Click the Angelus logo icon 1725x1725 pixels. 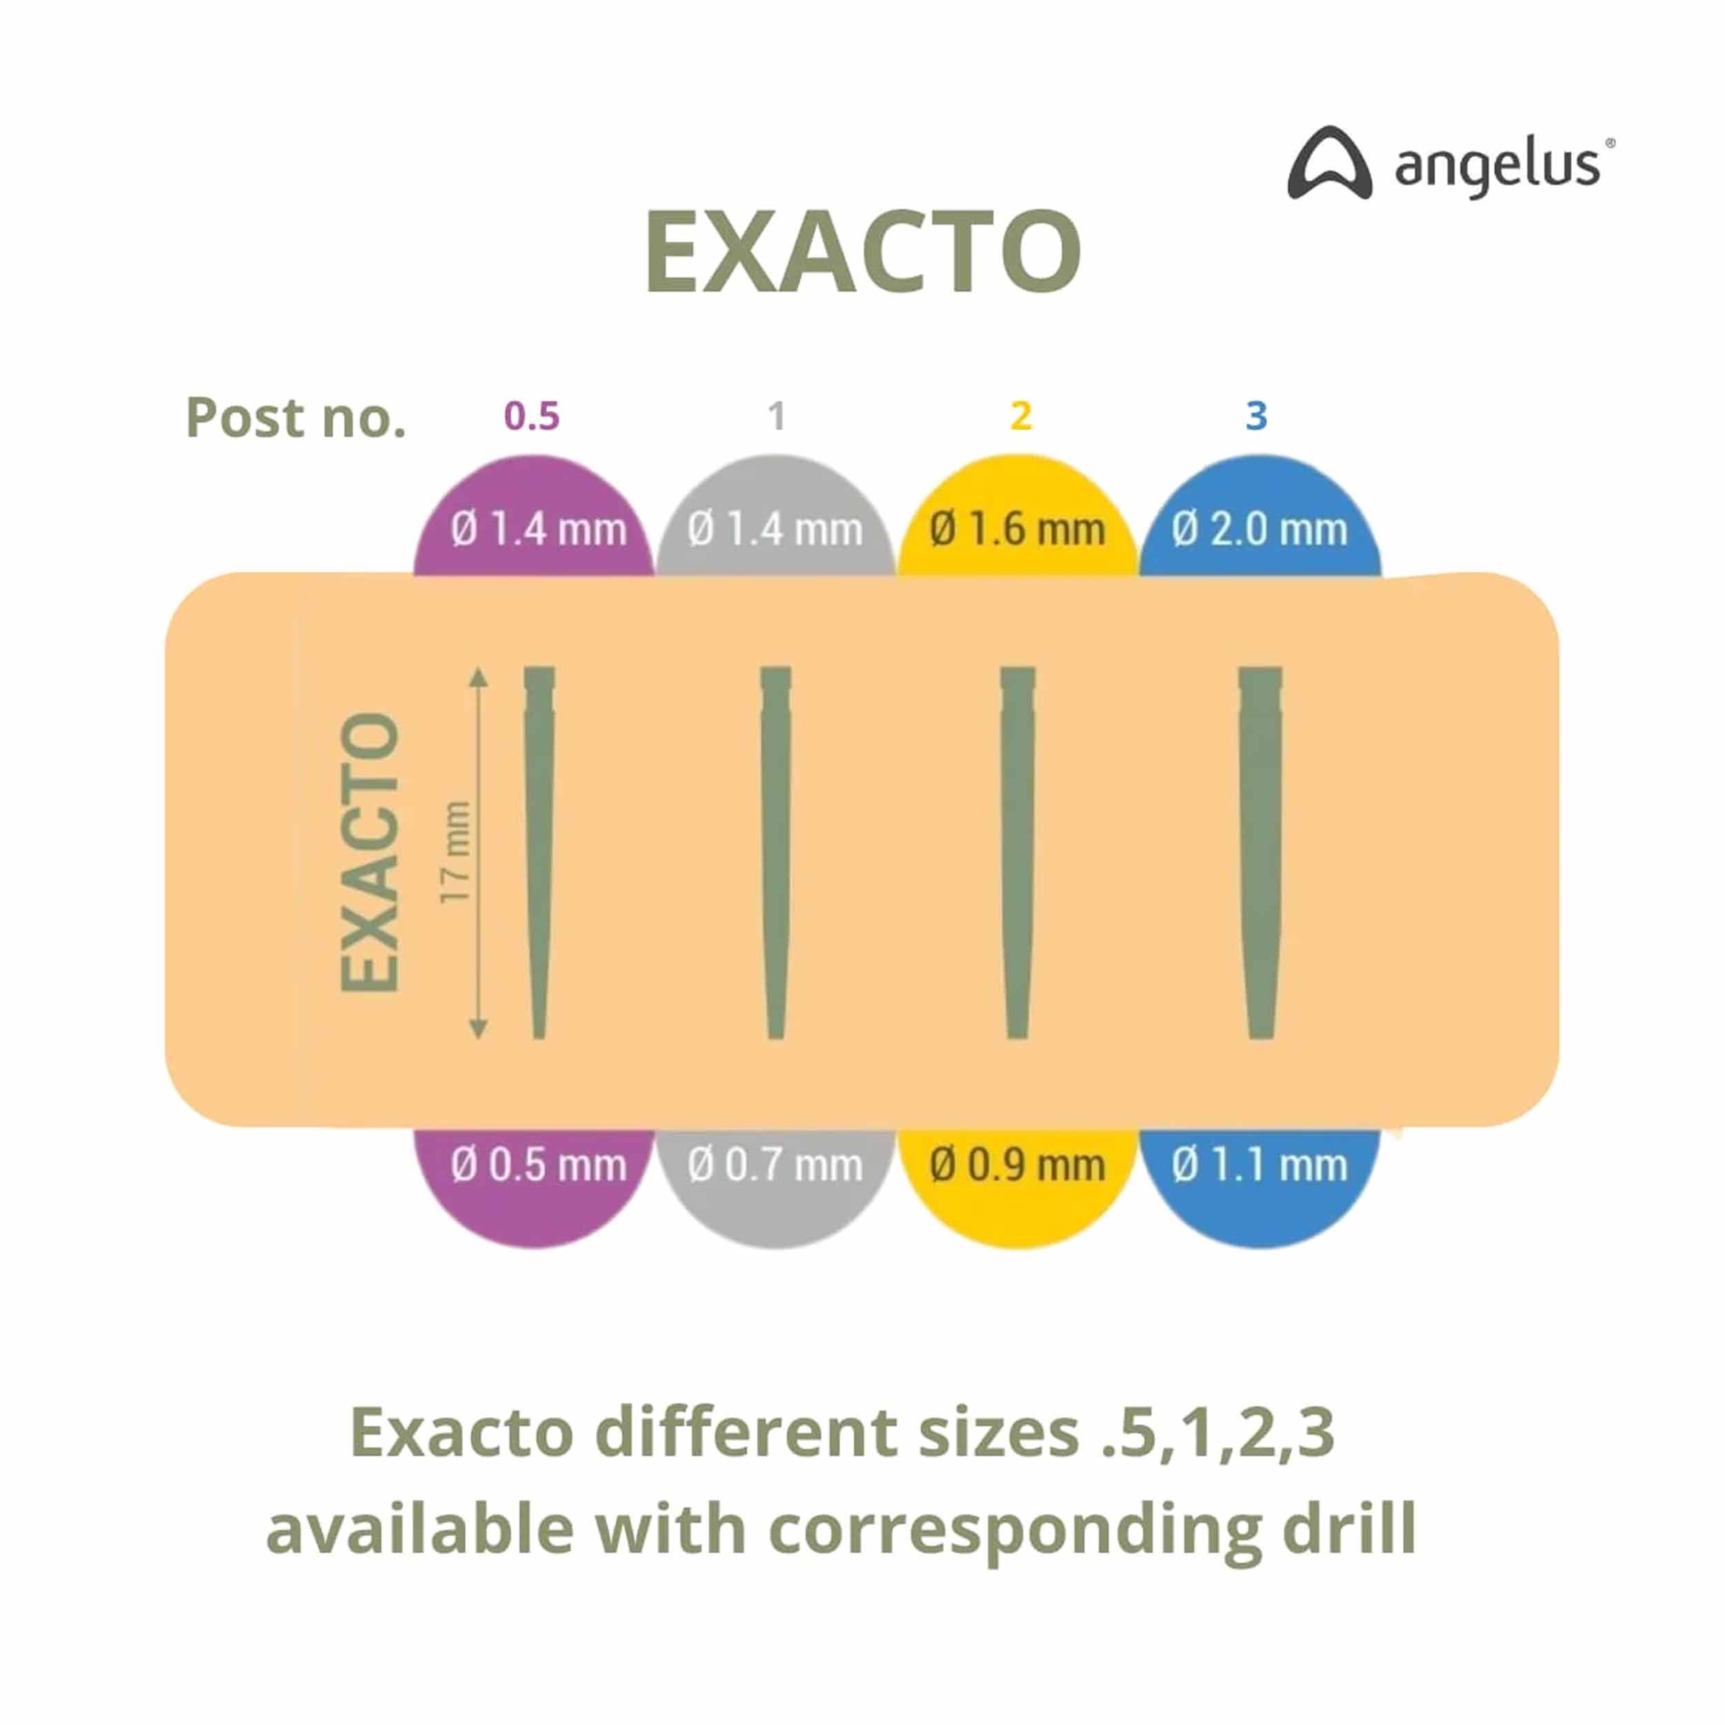1330,164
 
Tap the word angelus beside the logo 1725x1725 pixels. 1497,166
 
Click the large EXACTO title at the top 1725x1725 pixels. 862,252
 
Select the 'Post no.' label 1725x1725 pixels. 295,418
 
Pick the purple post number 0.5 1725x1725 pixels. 531,416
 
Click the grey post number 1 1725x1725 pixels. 776,416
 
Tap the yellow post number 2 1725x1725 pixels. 1021,416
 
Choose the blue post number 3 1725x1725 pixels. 1256,416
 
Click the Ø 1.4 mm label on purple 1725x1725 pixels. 538,529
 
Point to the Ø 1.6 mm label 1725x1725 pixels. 1017,529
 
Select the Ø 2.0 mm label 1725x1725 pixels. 1260,529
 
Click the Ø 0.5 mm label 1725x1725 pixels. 538,1165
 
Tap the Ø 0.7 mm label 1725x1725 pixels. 775,1165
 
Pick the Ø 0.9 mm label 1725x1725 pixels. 1017,1165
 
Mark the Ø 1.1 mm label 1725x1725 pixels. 1260,1165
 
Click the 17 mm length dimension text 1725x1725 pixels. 455,851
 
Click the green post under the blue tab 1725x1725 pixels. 1260,853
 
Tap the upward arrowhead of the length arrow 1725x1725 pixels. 479,676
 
